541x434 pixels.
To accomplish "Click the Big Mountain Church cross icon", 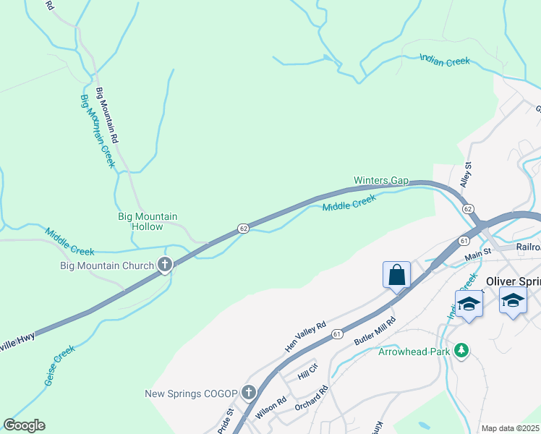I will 165,265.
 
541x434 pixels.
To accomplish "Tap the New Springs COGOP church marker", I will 249,393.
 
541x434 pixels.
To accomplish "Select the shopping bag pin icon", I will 396,276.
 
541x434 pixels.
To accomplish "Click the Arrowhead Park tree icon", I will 461,352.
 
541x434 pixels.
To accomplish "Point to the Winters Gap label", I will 381,180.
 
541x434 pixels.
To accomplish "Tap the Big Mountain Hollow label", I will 148,221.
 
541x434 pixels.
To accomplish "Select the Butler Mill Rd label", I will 375,331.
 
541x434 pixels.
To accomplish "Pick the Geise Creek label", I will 60,365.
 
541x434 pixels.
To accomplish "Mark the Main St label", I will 477,253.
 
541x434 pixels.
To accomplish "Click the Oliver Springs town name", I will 513,281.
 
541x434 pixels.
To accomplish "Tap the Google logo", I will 24,425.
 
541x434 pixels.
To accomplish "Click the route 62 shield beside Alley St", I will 469,208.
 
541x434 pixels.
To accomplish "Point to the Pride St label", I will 226,422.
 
